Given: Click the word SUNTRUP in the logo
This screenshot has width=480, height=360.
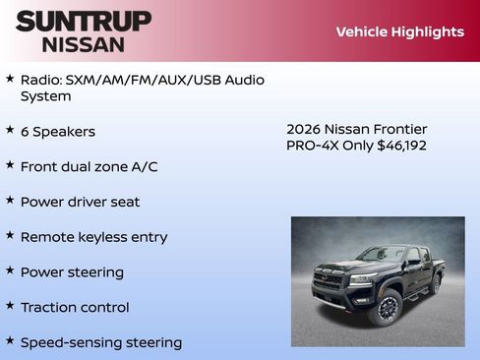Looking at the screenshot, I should [x=84, y=21].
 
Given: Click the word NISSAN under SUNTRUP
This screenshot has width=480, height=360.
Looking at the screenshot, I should [x=84, y=44].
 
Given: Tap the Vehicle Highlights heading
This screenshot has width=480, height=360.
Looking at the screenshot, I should [x=399, y=31].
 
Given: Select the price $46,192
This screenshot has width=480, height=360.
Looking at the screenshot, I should [x=401, y=146].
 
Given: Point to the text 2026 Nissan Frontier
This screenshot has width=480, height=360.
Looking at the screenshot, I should [x=356, y=129].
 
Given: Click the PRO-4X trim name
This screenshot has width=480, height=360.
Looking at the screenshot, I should [x=311, y=146].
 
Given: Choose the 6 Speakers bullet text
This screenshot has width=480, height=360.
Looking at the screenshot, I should [x=58, y=132].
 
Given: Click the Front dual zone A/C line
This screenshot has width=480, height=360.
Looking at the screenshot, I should [x=89, y=167].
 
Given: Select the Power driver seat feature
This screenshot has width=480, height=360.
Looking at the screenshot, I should [x=80, y=202].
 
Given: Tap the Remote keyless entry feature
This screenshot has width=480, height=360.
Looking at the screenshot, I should [x=93, y=237].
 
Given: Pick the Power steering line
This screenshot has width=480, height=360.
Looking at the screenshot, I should [x=72, y=272].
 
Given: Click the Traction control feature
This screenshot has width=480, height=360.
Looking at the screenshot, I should [x=75, y=308].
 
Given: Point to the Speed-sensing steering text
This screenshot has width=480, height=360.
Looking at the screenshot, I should [x=100, y=343].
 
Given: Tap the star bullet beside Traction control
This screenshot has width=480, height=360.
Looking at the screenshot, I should [x=10, y=306].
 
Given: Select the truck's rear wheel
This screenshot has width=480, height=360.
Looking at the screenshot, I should [x=435, y=284].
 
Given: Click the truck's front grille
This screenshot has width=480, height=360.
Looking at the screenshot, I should [x=329, y=281].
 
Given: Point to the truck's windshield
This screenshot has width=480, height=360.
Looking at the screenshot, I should [x=383, y=255].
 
